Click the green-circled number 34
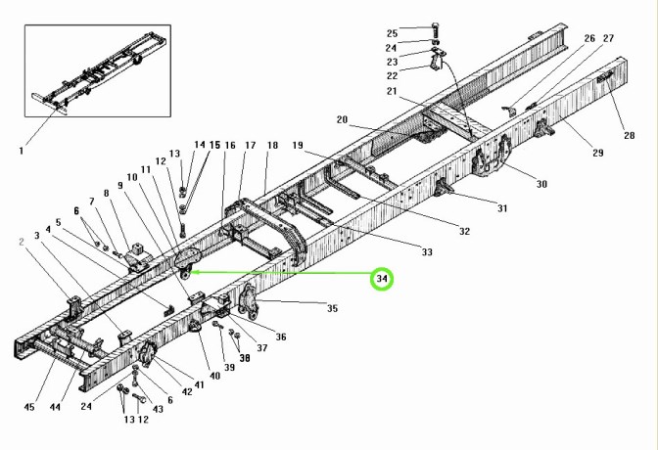383,280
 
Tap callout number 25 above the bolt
392,32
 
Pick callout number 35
332,308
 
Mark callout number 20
342,120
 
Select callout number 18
272,145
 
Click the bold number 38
244,358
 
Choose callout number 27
608,38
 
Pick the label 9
119,185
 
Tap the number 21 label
392,91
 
